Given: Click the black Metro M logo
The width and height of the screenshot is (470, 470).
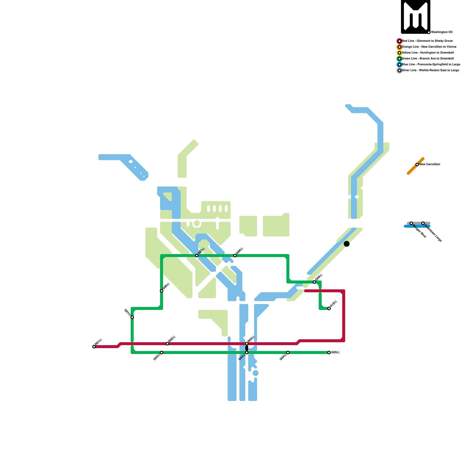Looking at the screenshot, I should (x=415, y=16).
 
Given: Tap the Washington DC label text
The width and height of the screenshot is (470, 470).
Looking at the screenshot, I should (x=442, y=32).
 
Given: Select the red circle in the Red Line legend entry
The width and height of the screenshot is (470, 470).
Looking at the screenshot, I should (x=399, y=41).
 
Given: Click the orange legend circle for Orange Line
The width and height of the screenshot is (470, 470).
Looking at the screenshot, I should (x=399, y=47).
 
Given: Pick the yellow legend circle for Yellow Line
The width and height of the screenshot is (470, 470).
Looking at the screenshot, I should (x=399, y=53).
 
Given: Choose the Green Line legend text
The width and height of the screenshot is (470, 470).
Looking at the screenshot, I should (x=428, y=59).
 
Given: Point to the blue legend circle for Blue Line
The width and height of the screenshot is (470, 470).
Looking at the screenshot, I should (x=399, y=65).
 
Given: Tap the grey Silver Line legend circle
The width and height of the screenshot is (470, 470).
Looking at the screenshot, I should (x=399, y=70).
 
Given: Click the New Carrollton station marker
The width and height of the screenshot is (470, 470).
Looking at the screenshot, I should (x=417, y=164).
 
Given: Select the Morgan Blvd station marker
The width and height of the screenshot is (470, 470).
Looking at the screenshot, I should (x=411, y=223).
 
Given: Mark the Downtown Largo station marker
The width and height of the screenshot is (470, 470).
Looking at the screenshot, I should (x=423, y=223).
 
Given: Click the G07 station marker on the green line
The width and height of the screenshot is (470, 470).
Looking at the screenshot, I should (x=197, y=256).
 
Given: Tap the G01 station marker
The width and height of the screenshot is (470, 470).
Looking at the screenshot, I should (x=132, y=317).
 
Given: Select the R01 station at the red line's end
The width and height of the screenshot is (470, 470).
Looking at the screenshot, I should (x=94, y=347).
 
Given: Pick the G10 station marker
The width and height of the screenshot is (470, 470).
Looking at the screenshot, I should (x=329, y=308).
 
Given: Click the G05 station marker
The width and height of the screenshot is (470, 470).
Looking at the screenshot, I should (x=329, y=352).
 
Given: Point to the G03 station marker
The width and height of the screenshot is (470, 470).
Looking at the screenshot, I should (x=247, y=352).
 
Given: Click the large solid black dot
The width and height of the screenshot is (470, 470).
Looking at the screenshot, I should (x=347, y=244).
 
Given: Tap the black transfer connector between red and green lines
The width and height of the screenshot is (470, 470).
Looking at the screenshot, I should (x=247, y=348).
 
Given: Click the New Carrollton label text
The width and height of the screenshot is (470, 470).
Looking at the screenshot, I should (x=429, y=164).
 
